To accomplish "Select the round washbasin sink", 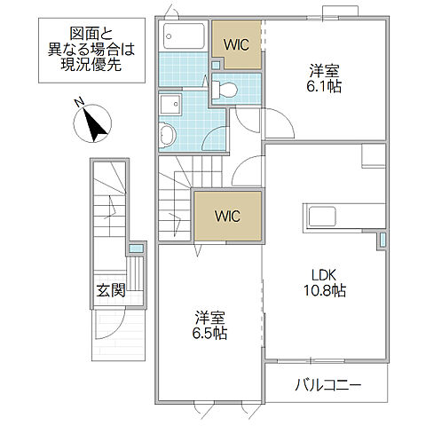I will click(x=168, y=135).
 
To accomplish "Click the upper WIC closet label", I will click(x=236, y=43).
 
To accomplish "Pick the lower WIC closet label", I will click(x=228, y=215).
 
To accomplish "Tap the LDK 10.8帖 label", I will click(x=326, y=282).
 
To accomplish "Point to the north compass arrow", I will click(x=95, y=124).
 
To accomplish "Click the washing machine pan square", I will click(x=167, y=103).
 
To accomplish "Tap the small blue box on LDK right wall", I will click(x=383, y=240).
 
